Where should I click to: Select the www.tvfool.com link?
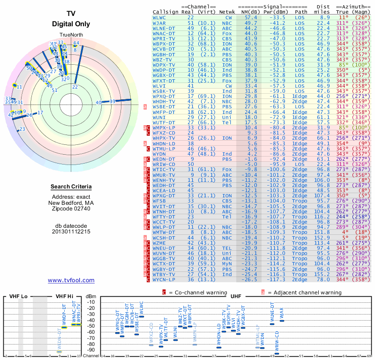(71, 280)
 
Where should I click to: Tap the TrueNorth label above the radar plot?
(71, 35)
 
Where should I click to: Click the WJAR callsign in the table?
(159, 22)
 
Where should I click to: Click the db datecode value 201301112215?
(71, 232)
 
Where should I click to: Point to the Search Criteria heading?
(71, 187)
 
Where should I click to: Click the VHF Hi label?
(64, 296)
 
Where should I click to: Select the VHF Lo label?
(18, 296)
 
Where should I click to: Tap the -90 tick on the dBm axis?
(90, 350)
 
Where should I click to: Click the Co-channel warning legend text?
(194, 292)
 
